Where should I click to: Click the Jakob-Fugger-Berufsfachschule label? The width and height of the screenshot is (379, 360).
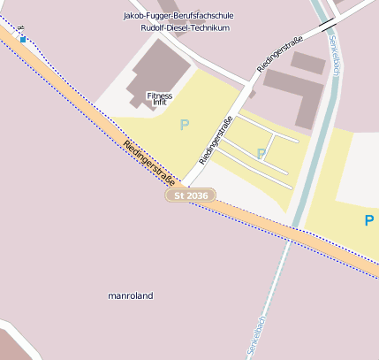(x=178, y=16)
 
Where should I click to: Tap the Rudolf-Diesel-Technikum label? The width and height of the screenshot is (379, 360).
(x=185, y=28)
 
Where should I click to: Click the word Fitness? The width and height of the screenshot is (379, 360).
(x=160, y=95)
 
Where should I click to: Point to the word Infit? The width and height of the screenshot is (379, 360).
(x=160, y=103)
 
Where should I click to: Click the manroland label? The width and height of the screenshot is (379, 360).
(x=130, y=295)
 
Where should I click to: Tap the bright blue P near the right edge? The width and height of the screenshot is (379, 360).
(x=369, y=220)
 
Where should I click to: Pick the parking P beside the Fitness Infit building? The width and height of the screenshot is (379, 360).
(x=184, y=126)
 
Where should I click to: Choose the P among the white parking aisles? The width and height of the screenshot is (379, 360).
(x=261, y=154)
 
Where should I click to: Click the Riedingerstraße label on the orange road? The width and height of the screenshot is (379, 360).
(x=148, y=163)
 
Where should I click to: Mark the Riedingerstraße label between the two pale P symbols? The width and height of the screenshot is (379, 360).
(x=216, y=141)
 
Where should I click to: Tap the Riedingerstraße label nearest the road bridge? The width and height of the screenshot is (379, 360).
(x=280, y=54)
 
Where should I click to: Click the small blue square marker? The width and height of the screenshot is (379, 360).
(x=22, y=39)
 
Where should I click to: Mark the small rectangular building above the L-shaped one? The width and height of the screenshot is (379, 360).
(x=308, y=63)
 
